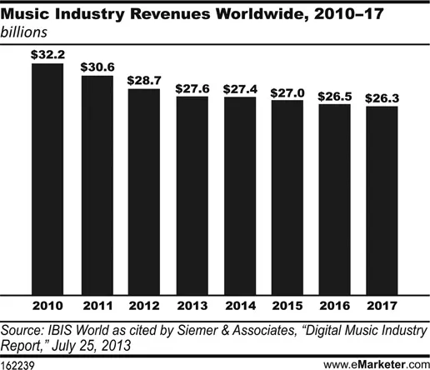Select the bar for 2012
pos(142,187)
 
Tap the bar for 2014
pos(240,191)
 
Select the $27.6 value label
pos(192,87)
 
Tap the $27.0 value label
pos(288,91)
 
